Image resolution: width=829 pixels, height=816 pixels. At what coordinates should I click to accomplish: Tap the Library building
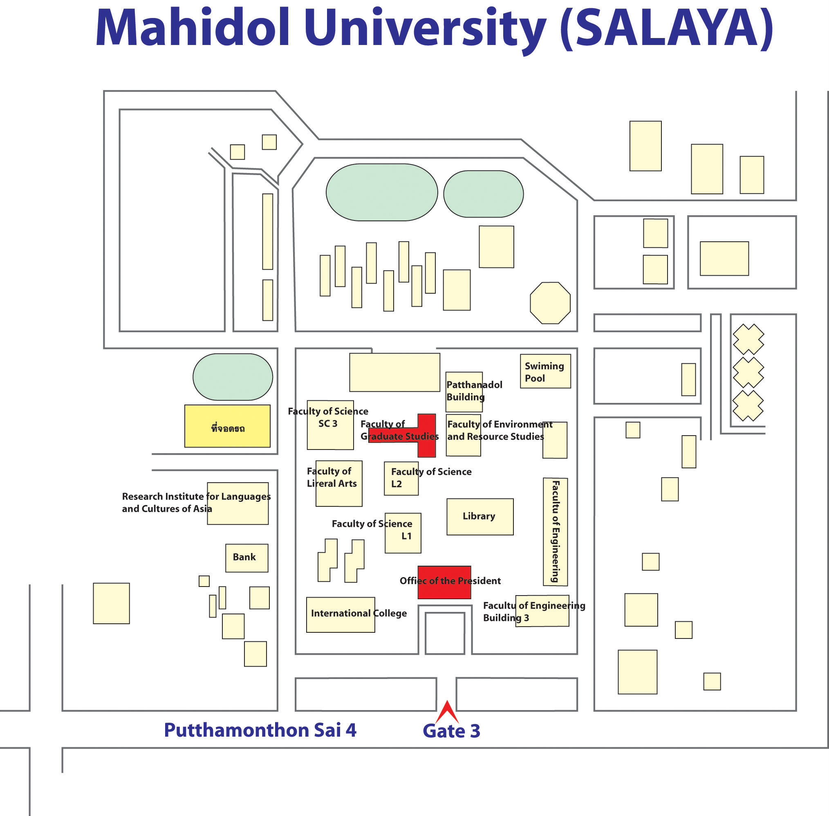pyautogui.click(x=480, y=517)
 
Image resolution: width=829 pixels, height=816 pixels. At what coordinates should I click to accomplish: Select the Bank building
pyautogui.click(x=246, y=558)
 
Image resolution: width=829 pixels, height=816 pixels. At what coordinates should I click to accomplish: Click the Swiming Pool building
pyautogui.click(x=545, y=371)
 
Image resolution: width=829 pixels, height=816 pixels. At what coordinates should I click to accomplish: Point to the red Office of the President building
pyautogui.click(x=444, y=582)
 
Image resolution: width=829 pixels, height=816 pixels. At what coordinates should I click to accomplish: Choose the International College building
pyautogui.click(x=341, y=615)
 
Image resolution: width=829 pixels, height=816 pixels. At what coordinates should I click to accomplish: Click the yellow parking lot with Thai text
pyautogui.click(x=227, y=426)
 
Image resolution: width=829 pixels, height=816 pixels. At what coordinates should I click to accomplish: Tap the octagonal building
pyautogui.click(x=550, y=303)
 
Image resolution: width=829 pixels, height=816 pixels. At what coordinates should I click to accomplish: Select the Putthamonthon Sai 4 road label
pyautogui.click(x=260, y=730)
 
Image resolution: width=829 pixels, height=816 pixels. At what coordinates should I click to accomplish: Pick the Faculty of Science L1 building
pyautogui.click(x=403, y=533)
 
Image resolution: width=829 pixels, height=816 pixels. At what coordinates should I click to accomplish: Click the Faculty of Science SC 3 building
pyautogui.click(x=330, y=425)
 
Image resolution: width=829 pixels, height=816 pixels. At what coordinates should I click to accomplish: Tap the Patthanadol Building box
pyautogui.click(x=464, y=392)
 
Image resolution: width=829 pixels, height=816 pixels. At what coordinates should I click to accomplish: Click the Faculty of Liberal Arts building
pyautogui.click(x=339, y=483)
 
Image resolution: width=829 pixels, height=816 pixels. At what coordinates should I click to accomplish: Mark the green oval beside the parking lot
pyautogui.click(x=233, y=377)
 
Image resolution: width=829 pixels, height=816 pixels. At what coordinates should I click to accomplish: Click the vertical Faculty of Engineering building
pyautogui.click(x=556, y=531)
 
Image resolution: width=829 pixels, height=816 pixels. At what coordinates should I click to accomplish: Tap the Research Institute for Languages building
pyautogui.click(x=237, y=503)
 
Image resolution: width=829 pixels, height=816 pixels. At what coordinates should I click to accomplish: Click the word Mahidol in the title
pyautogui.click(x=193, y=27)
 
